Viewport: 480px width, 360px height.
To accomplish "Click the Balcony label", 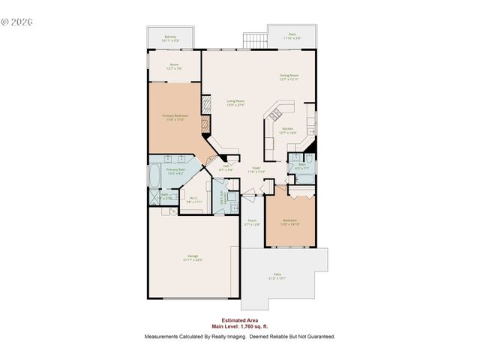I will click(x=170, y=36).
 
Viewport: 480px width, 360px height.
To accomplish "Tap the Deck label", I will click(x=291, y=34).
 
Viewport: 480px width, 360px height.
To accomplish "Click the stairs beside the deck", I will click(x=254, y=39).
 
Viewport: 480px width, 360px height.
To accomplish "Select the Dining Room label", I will click(x=289, y=76).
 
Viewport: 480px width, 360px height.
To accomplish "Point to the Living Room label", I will click(x=235, y=101).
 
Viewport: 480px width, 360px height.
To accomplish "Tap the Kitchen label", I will click(x=288, y=129).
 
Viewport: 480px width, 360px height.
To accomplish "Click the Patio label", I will click(x=277, y=275).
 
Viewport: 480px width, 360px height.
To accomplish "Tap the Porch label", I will click(x=252, y=220).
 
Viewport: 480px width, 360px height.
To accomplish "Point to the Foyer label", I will click(x=256, y=168).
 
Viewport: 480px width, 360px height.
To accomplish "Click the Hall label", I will click(x=226, y=168).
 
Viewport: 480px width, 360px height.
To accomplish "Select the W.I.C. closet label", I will click(x=193, y=199).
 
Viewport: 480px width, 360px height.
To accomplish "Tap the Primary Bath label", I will click(x=175, y=170).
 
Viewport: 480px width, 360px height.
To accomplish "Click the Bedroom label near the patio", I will click(x=290, y=220).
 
